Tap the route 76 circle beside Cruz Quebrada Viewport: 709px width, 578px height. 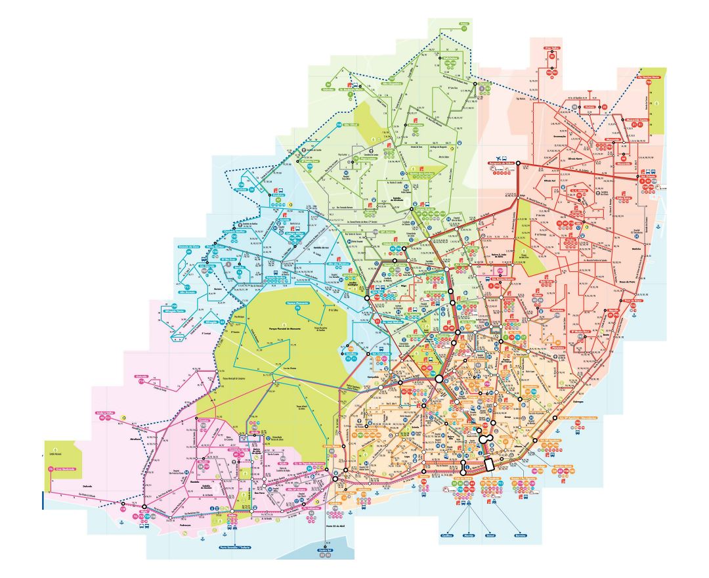point(51,469)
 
